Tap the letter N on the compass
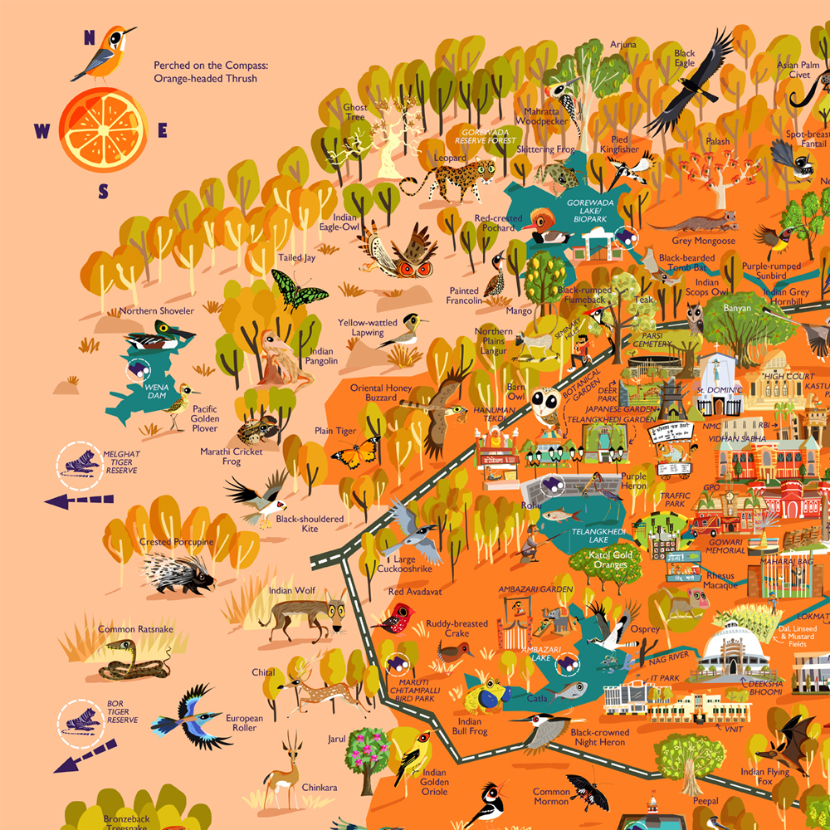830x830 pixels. pyautogui.click(x=89, y=37)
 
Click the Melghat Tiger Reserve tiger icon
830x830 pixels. pyautogui.click(x=81, y=461)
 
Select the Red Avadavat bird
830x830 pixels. pyautogui.click(x=397, y=618)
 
